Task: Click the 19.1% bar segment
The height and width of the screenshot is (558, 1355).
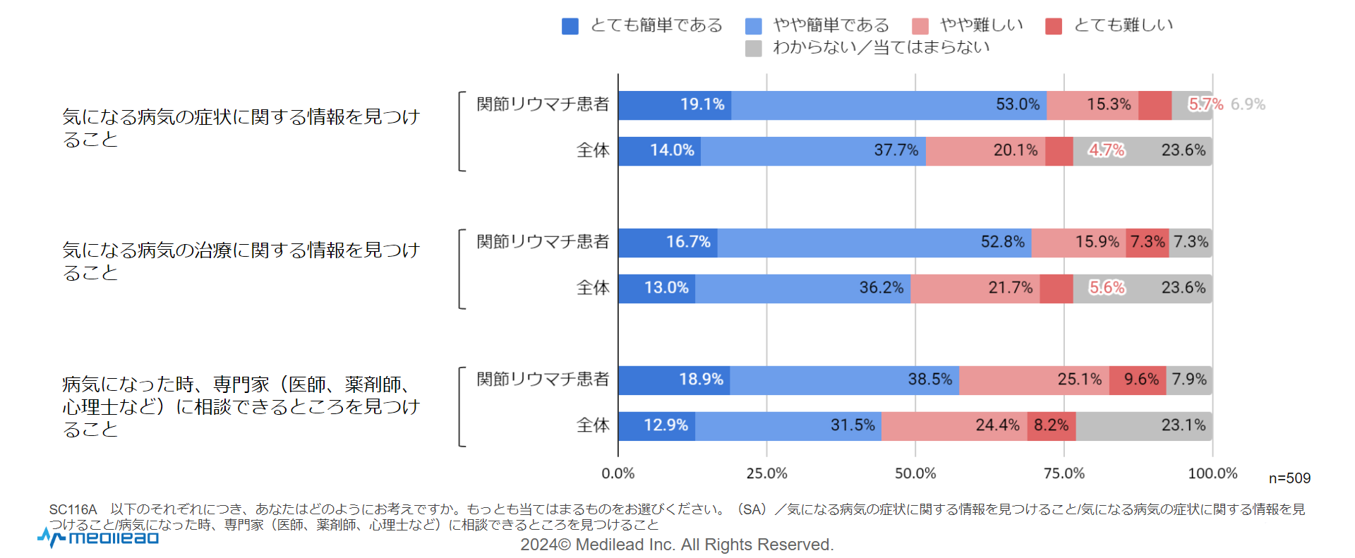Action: [675, 105]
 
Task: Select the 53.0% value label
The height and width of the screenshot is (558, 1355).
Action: [1018, 104]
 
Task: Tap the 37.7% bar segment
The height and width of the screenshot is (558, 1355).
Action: [813, 151]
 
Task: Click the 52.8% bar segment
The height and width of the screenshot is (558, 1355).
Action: [874, 243]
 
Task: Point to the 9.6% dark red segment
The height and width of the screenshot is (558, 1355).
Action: [1138, 380]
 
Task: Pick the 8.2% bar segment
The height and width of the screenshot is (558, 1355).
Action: [1052, 426]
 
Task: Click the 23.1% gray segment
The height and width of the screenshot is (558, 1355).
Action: [1143, 426]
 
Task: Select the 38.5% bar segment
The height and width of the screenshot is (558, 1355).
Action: [844, 380]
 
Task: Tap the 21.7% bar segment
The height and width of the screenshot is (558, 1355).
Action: [975, 289]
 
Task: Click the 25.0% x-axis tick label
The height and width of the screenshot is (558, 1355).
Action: [767, 473]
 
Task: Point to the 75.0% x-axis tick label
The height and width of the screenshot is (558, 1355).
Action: [1064, 473]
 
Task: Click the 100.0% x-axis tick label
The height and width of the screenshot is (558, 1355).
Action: [1212, 473]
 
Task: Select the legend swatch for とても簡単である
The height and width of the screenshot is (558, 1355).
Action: [570, 26]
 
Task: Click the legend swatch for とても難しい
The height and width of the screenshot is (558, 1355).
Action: [1054, 26]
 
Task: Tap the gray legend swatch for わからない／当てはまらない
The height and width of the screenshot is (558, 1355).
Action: [754, 48]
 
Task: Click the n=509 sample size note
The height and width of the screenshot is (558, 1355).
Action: [1289, 478]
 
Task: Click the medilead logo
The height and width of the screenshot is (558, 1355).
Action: [99, 538]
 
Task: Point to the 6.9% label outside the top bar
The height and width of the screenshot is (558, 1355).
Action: [1248, 104]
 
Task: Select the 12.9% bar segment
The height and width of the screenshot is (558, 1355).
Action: [657, 426]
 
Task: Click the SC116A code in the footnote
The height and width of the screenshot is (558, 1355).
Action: [73, 509]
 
